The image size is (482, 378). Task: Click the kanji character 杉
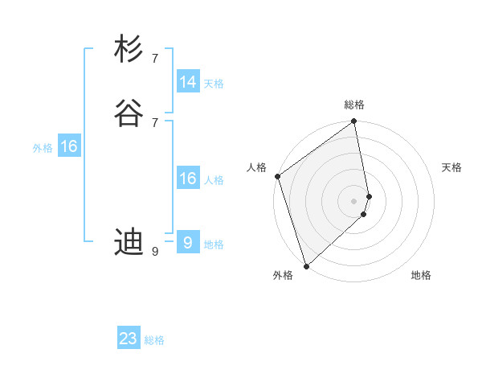click(129, 49)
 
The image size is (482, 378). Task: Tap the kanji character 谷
click(129, 113)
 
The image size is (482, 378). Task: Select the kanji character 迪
click(129, 241)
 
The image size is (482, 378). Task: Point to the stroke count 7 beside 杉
click(155, 59)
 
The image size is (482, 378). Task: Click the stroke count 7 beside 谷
click(155, 122)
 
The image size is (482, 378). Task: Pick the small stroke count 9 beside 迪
click(155, 252)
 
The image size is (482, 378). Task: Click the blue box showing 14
click(188, 82)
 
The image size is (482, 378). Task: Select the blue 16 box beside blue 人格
click(188, 179)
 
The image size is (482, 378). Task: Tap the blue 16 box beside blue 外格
click(69, 146)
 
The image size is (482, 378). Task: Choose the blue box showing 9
click(188, 243)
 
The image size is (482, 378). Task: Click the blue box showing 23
click(129, 339)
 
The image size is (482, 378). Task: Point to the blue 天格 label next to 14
click(214, 84)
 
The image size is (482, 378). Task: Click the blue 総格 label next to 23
click(154, 340)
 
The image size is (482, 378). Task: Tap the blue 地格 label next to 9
click(214, 244)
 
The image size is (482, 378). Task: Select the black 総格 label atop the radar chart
click(354, 105)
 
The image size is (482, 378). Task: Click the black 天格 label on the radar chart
click(452, 167)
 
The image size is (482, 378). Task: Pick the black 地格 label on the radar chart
click(421, 276)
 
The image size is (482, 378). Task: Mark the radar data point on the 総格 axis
click(354, 122)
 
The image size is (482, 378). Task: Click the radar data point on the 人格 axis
click(277, 176)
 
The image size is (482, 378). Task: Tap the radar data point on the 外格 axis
click(306, 265)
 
